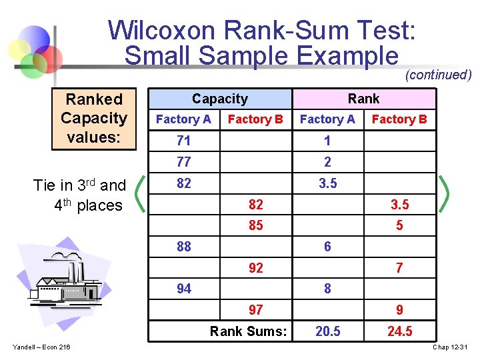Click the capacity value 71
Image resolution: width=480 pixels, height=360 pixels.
[183, 141]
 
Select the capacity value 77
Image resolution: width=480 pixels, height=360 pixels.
[183, 162]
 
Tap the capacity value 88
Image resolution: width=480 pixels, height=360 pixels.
[183, 247]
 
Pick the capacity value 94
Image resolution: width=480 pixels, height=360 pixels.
[183, 289]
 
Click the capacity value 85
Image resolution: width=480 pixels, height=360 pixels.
[255, 225]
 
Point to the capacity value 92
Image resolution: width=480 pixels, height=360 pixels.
[255, 268]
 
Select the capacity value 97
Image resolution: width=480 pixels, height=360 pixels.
[255, 310]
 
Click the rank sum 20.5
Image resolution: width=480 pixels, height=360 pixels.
[327, 331]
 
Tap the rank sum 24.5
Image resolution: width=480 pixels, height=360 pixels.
[399, 331]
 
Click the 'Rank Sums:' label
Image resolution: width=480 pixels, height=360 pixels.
[248, 331]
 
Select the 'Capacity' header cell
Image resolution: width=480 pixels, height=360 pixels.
[219, 99]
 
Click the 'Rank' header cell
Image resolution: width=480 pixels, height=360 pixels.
[363, 99]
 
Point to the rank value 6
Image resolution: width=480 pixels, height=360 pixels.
[327, 247]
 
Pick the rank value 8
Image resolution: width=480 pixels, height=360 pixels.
[327, 289]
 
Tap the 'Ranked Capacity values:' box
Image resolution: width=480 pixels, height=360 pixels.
[94, 118]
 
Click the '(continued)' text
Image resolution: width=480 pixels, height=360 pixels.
[438, 75]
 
